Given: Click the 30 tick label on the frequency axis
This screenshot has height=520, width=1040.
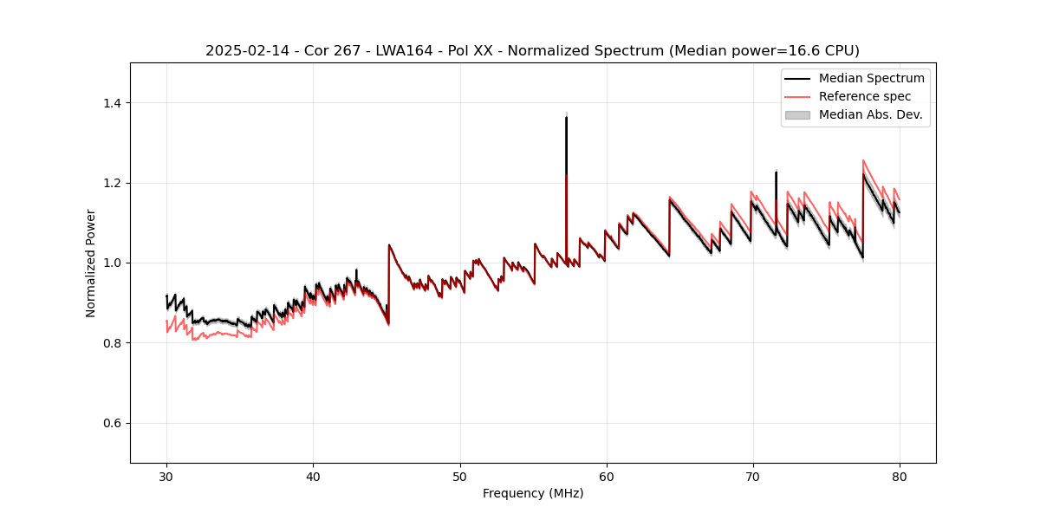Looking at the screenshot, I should point(166,476).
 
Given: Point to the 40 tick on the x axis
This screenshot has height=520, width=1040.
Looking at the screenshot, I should point(313,476).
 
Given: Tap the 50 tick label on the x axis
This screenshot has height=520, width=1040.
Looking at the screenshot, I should point(459,476).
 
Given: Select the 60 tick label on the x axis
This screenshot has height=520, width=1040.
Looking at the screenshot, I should point(607,476).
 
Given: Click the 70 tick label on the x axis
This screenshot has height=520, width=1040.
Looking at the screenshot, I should point(753,476).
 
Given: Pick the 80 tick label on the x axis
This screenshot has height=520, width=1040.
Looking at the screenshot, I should point(900,476).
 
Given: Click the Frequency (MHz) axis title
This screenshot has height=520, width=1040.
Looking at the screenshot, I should point(533,493).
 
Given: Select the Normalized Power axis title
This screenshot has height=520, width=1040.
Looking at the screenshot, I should point(91,263).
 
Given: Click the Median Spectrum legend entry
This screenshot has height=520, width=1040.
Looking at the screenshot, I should point(871,78).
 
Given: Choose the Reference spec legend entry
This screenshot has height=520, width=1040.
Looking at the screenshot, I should point(864,96).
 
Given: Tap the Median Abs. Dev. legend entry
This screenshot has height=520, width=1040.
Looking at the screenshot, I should point(870,114).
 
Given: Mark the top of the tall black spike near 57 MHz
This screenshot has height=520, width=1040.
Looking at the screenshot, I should point(566,117).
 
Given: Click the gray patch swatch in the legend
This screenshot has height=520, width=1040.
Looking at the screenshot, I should point(797,114).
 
